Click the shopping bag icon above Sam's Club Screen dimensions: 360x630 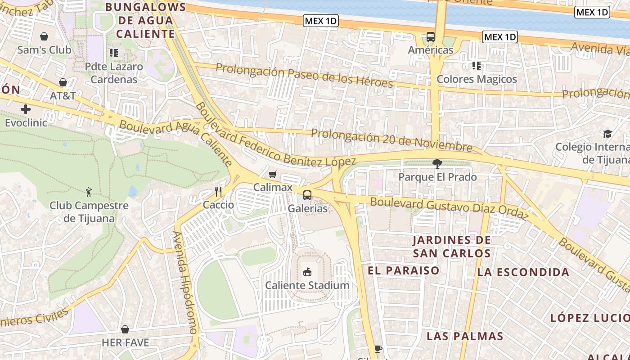pos(44,36)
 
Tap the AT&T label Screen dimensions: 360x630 pos(63,95)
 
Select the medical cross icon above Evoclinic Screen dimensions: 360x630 pos(26,109)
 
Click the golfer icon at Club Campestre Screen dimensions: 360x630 pos(89,192)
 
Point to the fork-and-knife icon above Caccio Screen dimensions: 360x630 pos(218,192)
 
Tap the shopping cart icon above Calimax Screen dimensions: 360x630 pos(272,174)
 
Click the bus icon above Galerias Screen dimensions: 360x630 pos(307,195)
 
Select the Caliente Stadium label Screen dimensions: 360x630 pos(307,285)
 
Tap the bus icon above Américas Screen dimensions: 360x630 pos(431,37)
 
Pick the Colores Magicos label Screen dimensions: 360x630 pos(477,79)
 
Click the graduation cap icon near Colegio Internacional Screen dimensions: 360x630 pos(607,134)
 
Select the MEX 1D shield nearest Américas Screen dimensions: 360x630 pos(499,37)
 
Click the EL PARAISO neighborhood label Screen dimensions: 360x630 pos(403,270)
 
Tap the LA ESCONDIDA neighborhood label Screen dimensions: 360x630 pos(523,272)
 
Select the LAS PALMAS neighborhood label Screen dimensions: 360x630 pos(465,336)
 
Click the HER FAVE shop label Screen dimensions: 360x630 pos(125,342)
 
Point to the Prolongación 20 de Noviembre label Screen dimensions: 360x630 pos(391,140)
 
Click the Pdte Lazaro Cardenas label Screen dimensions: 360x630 pos(114,73)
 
